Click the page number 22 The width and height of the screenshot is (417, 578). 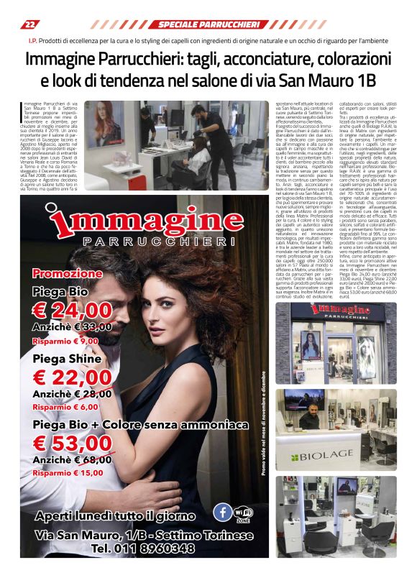[29, 24]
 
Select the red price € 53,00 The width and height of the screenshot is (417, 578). [73, 442]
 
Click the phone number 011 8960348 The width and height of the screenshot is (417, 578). [143, 548]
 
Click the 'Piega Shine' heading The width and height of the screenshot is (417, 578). [67, 358]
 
